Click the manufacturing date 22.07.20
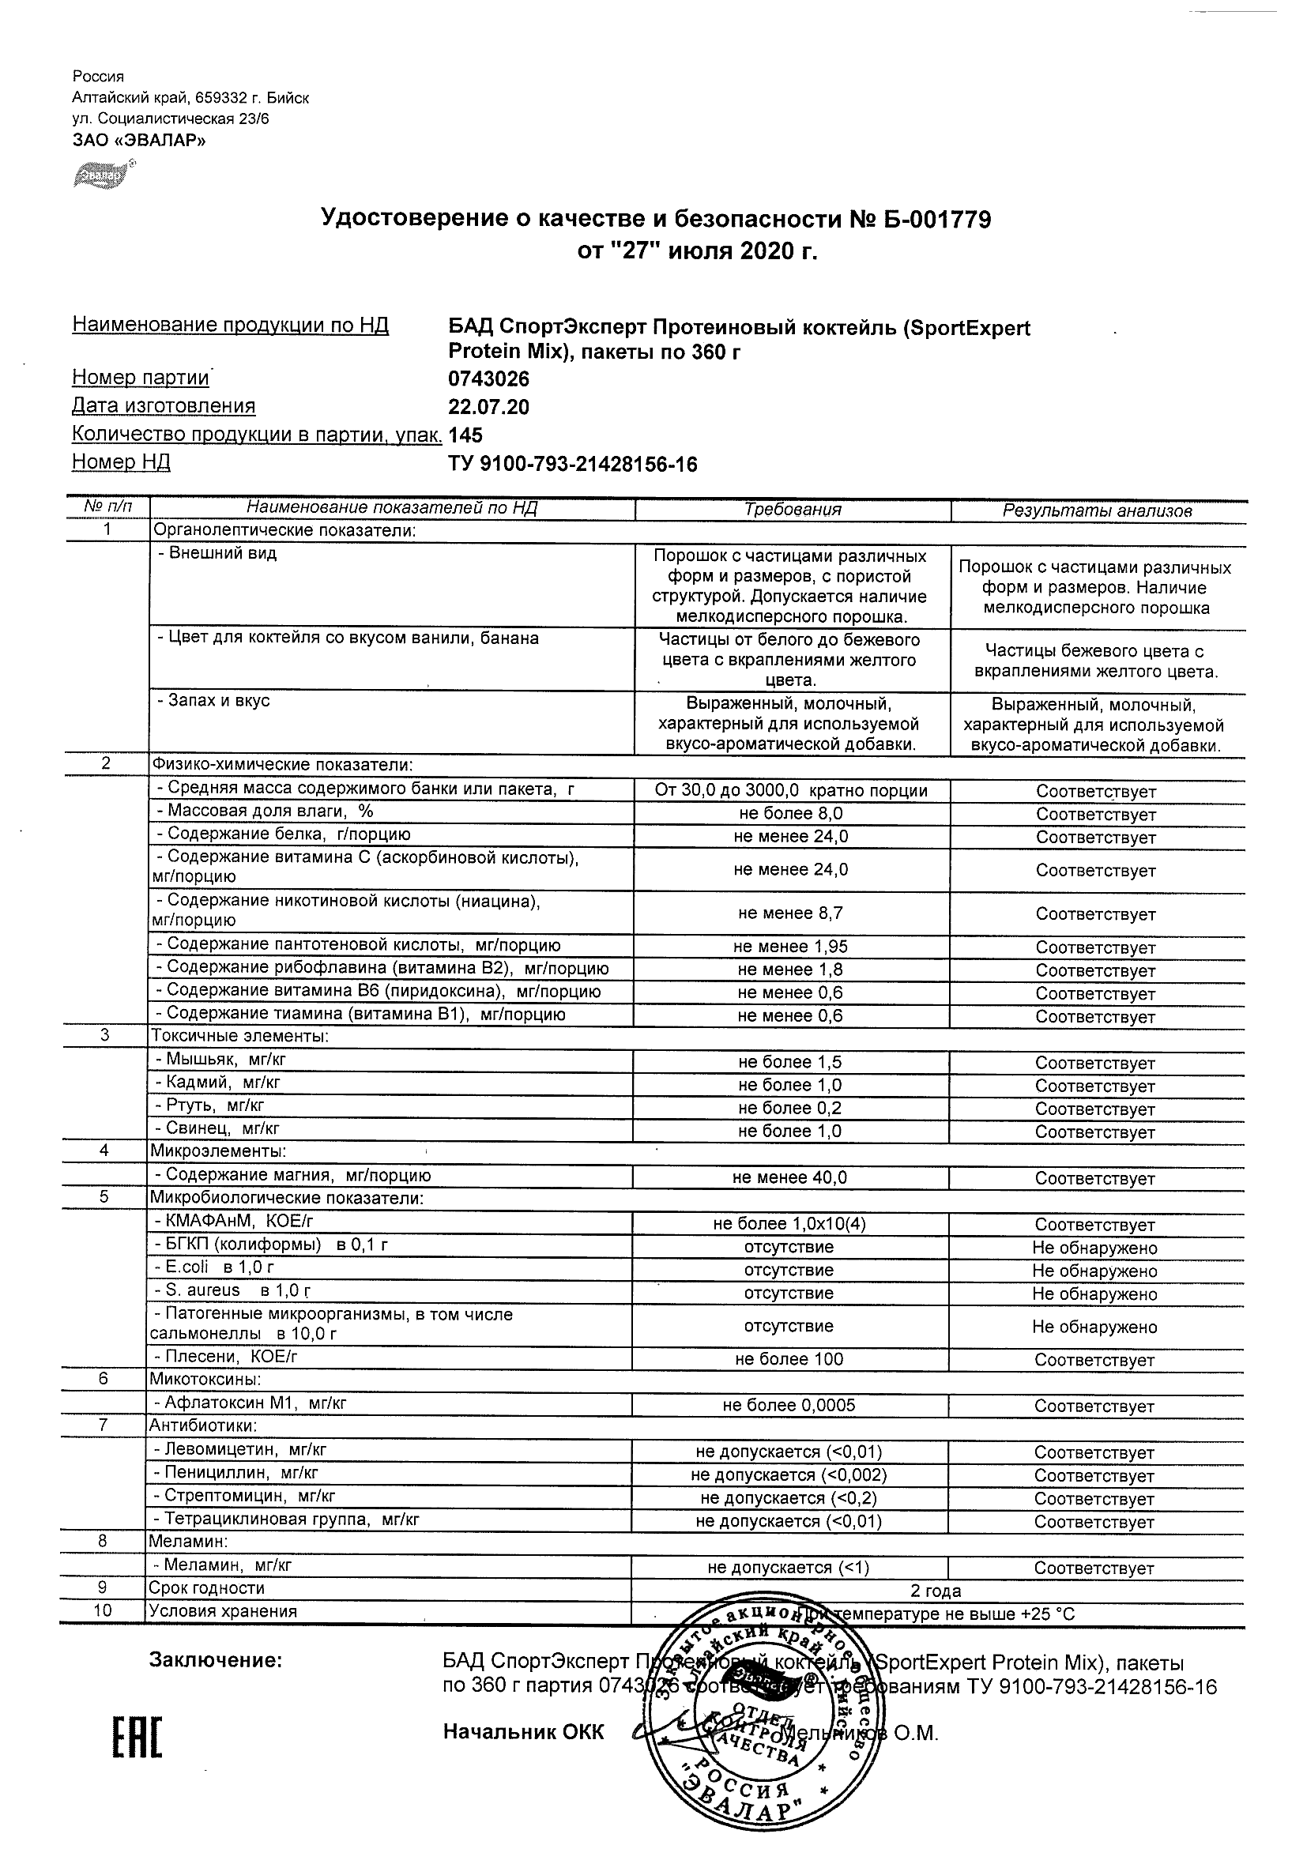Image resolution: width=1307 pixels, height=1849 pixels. (489, 408)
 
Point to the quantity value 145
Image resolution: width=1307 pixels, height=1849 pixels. (465, 435)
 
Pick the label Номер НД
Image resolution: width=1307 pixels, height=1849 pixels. (121, 462)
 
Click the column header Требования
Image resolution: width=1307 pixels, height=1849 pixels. (793, 510)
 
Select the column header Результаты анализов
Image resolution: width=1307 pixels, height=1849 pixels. (1097, 510)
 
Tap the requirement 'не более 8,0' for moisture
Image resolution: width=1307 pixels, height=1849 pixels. (791, 814)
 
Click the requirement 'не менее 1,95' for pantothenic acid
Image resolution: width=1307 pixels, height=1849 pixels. (791, 947)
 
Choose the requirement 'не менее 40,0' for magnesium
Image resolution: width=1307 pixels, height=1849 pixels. (789, 1178)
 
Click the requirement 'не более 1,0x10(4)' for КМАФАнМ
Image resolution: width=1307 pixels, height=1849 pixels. (789, 1225)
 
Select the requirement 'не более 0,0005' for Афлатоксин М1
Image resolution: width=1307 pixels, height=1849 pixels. (789, 1406)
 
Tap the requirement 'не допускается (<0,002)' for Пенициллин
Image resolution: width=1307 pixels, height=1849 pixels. (789, 1475)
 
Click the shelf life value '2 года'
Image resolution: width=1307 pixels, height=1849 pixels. (936, 1591)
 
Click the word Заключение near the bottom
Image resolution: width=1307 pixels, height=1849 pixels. (216, 1661)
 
